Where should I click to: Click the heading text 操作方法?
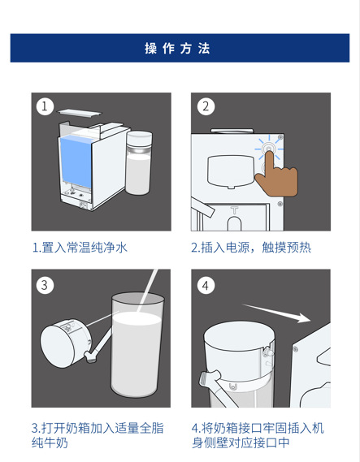click(x=177, y=49)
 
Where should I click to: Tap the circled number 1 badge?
click(x=45, y=106)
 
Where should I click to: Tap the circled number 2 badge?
click(x=206, y=106)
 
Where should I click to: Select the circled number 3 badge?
click(x=45, y=285)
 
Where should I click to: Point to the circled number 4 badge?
click(x=206, y=285)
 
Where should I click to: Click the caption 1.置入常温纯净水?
click(x=80, y=247)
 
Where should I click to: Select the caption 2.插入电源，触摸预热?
click(x=251, y=247)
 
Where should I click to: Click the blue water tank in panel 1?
click(x=76, y=162)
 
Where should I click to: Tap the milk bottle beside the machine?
click(x=139, y=162)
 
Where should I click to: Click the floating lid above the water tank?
click(x=79, y=112)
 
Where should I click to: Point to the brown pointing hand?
click(x=275, y=176)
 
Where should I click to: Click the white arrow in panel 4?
click(x=276, y=313)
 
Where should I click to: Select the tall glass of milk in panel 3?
click(x=137, y=345)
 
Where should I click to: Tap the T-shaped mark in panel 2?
click(x=234, y=210)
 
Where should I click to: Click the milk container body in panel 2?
click(x=231, y=171)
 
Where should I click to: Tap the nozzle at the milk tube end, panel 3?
click(x=90, y=356)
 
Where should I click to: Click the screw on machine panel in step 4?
click(x=295, y=349)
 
